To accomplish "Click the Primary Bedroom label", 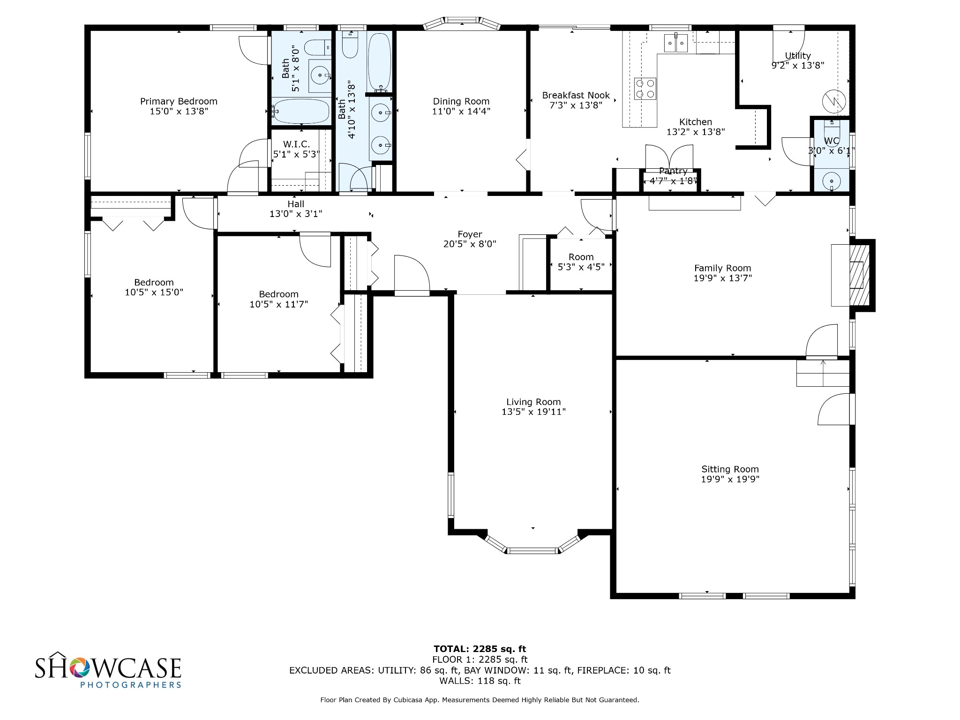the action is pos(179,101).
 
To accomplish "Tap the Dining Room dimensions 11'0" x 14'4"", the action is pos(461,112).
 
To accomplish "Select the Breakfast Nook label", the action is pos(576,95).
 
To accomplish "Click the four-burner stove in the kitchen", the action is pos(645,89).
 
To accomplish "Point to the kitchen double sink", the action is pos(676,44).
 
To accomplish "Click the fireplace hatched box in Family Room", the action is pos(860,275).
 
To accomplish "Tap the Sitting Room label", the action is pos(730,469).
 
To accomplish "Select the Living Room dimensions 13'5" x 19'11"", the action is pos(533,412).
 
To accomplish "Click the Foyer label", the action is pos(470,234).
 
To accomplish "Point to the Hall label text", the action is pos(296,204).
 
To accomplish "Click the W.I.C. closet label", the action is pos(296,144).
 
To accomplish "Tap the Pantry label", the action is pos(673,171).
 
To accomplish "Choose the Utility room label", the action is pos(798,56).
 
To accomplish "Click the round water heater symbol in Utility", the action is pos(834,101).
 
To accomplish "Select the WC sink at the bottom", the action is pos(832,180).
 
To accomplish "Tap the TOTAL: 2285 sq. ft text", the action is pos(480,649).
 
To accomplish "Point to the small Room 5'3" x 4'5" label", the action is pos(581,262).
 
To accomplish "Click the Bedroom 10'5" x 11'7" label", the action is pos(279,299).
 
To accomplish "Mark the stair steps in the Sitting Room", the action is pos(823,373).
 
